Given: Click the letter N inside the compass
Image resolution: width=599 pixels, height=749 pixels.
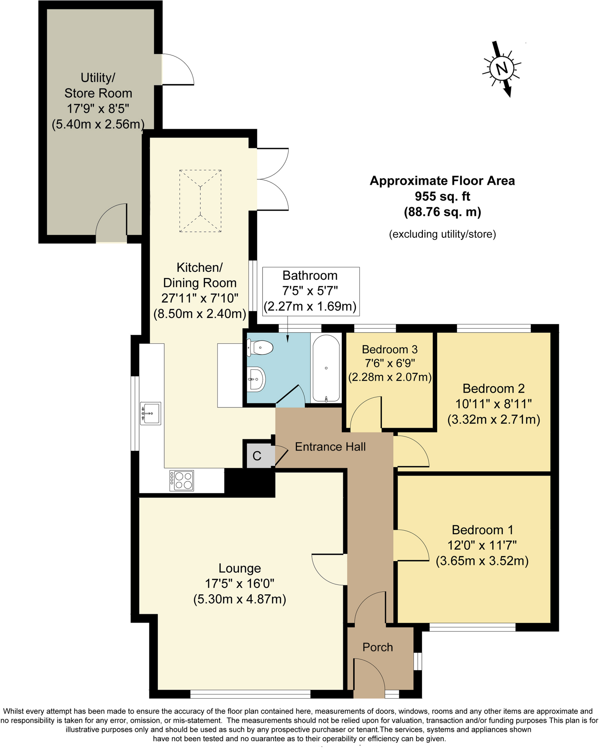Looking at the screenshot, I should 502,68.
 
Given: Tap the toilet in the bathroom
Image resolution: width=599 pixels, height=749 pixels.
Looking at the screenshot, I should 261,347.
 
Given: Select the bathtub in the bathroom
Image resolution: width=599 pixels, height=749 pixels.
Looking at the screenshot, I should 326,368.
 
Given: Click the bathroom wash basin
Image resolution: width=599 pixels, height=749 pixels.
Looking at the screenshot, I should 256,379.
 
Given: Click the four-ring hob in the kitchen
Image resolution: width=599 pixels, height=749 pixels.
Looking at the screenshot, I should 182,481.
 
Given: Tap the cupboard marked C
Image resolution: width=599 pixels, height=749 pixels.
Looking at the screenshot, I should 257,456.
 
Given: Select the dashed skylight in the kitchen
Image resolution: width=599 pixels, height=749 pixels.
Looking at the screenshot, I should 200,201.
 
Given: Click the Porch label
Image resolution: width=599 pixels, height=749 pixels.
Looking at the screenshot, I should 377,647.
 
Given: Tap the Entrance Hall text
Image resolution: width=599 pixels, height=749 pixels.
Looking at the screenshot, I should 330,447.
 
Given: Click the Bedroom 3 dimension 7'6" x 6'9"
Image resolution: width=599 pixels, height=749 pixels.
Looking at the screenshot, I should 390,363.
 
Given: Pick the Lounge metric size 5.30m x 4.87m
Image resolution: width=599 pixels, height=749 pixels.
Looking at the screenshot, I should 240,599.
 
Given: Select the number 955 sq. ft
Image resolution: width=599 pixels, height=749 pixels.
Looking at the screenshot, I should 442,196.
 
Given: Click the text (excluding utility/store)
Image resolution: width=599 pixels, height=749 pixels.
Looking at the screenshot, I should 442,234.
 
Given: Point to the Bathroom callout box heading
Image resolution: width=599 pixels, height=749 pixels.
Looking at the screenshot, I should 310,275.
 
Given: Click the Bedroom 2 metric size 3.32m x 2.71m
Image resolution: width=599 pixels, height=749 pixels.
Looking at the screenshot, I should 494,419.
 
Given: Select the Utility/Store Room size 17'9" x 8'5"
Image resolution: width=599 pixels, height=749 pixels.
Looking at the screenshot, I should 98,109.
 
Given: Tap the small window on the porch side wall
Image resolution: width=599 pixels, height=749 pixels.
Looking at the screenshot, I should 418,661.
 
